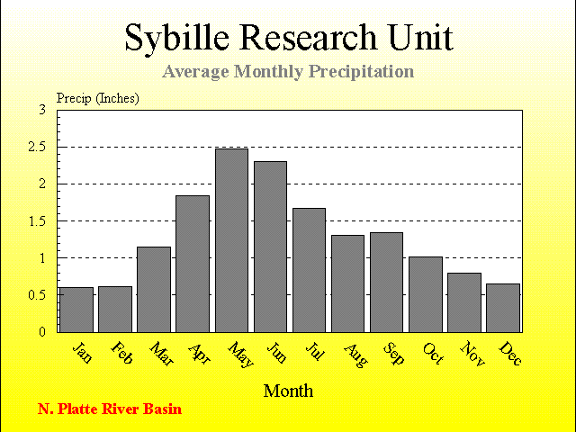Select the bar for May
tap(231, 240)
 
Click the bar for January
tap(76, 310)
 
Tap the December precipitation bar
tap(503, 308)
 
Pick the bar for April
tap(193, 264)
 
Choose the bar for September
tap(386, 282)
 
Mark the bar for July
tap(309, 270)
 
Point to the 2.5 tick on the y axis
tap(37, 147)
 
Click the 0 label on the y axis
tap(42, 332)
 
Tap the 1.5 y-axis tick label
tap(37, 221)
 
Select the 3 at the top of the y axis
tap(42, 110)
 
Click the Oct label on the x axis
tap(433, 354)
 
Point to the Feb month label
tap(121, 353)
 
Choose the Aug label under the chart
tap(355, 355)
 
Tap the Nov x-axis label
tap(472, 354)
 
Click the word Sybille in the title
tap(176, 39)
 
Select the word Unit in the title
tap(421, 37)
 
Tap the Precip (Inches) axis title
tap(98, 98)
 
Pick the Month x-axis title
tap(288, 391)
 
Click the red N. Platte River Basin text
tap(110, 409)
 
